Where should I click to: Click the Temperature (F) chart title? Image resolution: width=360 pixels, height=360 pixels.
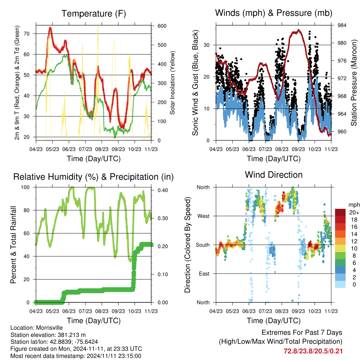(x=94, y=14)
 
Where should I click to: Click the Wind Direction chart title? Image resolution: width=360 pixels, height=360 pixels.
(x=274, y=175)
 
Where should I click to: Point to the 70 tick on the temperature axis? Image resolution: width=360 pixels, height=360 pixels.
(x=27, y=34)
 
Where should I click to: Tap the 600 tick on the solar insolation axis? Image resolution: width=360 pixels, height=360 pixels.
(x=162, y=26)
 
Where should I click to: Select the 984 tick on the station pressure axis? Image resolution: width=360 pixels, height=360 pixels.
(x=342, y=25)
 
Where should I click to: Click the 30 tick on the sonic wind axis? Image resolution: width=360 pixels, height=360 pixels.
(x=207, y=45)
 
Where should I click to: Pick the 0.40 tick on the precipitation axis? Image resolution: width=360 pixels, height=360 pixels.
(x=163, y=190)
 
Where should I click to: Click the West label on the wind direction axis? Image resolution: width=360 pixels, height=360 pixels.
(x=204, y=216)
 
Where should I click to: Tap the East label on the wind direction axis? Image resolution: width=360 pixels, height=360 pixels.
(x=204, y=274)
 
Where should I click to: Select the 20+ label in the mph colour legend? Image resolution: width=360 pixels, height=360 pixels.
(x=354, y=212)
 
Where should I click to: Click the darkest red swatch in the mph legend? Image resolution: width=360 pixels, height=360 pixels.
(x=340, y=212)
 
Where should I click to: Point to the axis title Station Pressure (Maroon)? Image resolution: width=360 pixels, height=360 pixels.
(x=354, y=83)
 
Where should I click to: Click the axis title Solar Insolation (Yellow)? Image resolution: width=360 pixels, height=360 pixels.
(x=172, y=83)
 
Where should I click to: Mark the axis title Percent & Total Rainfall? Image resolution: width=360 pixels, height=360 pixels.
(x=13, y=245)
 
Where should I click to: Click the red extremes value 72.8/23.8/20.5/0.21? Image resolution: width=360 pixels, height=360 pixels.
(x=313, y=351)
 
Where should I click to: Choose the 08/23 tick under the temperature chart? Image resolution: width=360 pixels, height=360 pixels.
(x=102, y=149)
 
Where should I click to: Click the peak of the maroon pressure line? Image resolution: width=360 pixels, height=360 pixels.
(x=298, y=30)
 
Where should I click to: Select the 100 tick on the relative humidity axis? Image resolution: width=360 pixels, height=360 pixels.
(x=25, y=187)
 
